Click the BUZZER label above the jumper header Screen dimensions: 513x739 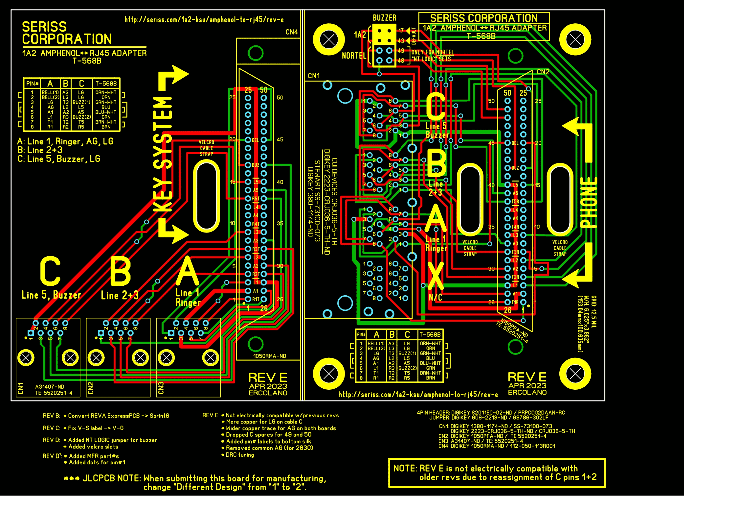click(384, 18)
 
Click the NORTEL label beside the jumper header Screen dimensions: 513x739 click(354, 56)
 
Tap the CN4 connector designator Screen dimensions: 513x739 click(291, 32)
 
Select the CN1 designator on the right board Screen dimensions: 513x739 click(314, 76)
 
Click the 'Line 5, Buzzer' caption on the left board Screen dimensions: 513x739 click(51, 295)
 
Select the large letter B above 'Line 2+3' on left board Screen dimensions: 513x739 click(120, 271)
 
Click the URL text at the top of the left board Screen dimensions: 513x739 click(204, 20)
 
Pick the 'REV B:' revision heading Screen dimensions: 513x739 click(52, 416)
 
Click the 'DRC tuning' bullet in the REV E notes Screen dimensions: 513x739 click(240, 455)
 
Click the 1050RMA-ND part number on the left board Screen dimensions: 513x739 click(269, 356)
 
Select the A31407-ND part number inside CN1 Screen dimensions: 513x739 click(50, 387)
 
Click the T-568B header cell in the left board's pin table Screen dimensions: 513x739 click(106, 84)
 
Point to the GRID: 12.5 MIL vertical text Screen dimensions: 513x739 click(594, 311)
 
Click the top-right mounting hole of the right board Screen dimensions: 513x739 click(575, 39)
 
